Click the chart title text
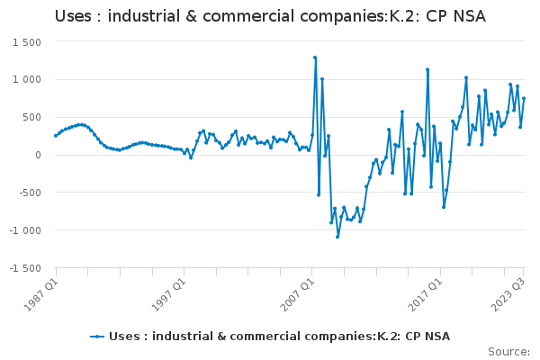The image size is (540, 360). point(270,16)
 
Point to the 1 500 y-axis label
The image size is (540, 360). point(26,42)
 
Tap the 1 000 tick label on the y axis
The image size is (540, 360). point(26,79)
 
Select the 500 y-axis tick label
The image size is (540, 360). point(31,117)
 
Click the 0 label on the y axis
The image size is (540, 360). point(38,155)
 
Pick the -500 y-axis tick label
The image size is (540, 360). point(30,193)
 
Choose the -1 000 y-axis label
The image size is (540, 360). point(25,230)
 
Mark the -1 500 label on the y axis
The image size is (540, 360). point(25,268)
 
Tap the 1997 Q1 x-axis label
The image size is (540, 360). point(170,294)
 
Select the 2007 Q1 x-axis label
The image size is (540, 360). point(298,294)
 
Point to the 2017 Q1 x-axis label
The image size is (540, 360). point(426,294)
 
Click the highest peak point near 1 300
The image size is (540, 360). point(315,58)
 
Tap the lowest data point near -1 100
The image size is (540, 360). point(337,237)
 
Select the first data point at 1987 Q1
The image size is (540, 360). point(56,136)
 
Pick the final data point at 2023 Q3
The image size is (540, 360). point(524,98)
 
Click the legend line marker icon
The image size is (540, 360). point(97,337)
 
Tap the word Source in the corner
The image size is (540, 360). point(507,352)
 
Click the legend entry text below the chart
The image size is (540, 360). point(279,337)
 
